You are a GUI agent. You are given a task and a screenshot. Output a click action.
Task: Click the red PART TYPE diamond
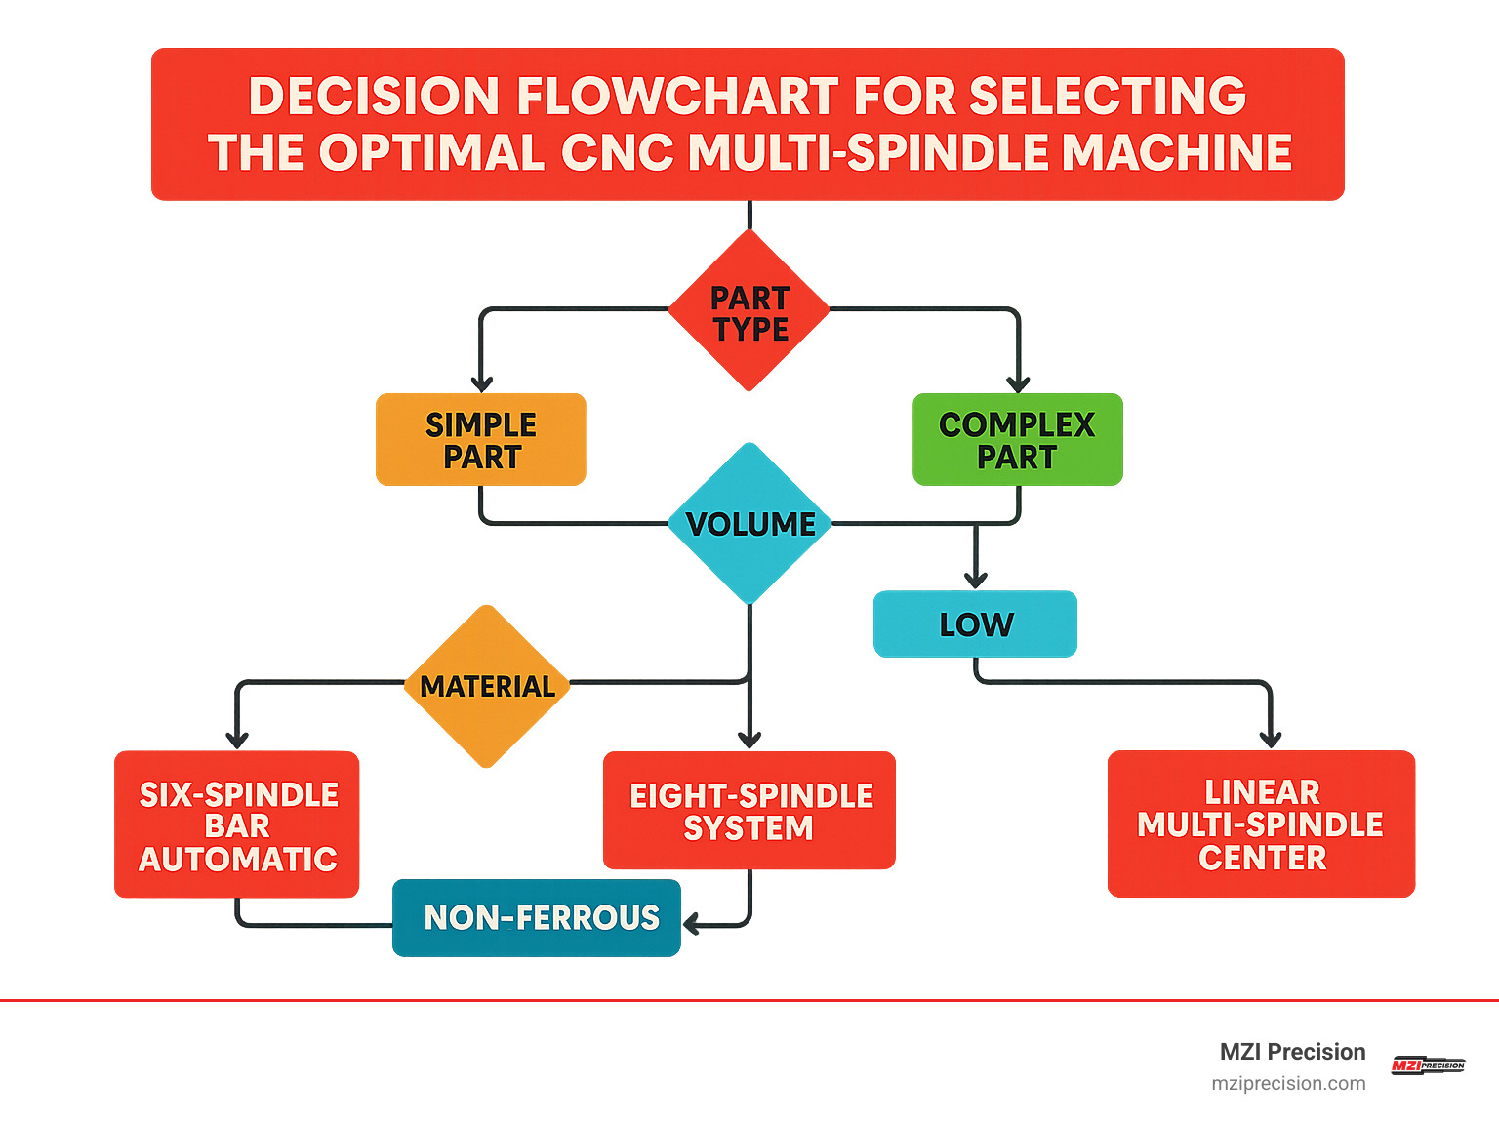(x=749, y=311)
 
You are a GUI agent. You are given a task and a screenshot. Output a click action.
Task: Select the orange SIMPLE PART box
(x=481, y=440)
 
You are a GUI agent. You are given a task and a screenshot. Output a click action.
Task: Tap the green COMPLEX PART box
(x=1017, y=440)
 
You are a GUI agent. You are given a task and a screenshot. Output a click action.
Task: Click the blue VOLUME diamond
(x=749, y=524)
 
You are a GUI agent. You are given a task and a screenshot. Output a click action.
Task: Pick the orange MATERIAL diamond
(x=487, y=686)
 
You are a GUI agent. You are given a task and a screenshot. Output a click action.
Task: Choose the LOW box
(x=975, y=624)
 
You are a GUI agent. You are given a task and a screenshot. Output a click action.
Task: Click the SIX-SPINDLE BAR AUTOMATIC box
(x=237, y=825)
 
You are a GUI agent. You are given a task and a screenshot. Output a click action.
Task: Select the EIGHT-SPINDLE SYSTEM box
(x=749, y=811)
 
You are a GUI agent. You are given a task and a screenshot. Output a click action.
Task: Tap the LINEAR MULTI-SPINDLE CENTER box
(x=1261, y=824)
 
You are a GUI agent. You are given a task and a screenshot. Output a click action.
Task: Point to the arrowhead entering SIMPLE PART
(x=481, y=384)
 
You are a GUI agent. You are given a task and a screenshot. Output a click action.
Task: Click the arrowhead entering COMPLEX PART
(x=1018, y=384)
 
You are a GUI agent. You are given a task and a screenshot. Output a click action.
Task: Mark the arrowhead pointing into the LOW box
(x=975, y=582)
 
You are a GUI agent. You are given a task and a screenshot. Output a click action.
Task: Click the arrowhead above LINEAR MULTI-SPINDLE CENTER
(x=1270, y=741)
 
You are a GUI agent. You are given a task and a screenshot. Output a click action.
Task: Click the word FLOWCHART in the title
(x=676, y=97)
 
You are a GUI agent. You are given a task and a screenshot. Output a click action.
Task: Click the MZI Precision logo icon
(x=1427, y=1066)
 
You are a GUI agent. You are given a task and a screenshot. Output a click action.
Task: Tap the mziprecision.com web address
(x=1288, y=1084)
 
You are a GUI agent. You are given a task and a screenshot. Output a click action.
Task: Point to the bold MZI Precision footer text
(x=1292, y=1052)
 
